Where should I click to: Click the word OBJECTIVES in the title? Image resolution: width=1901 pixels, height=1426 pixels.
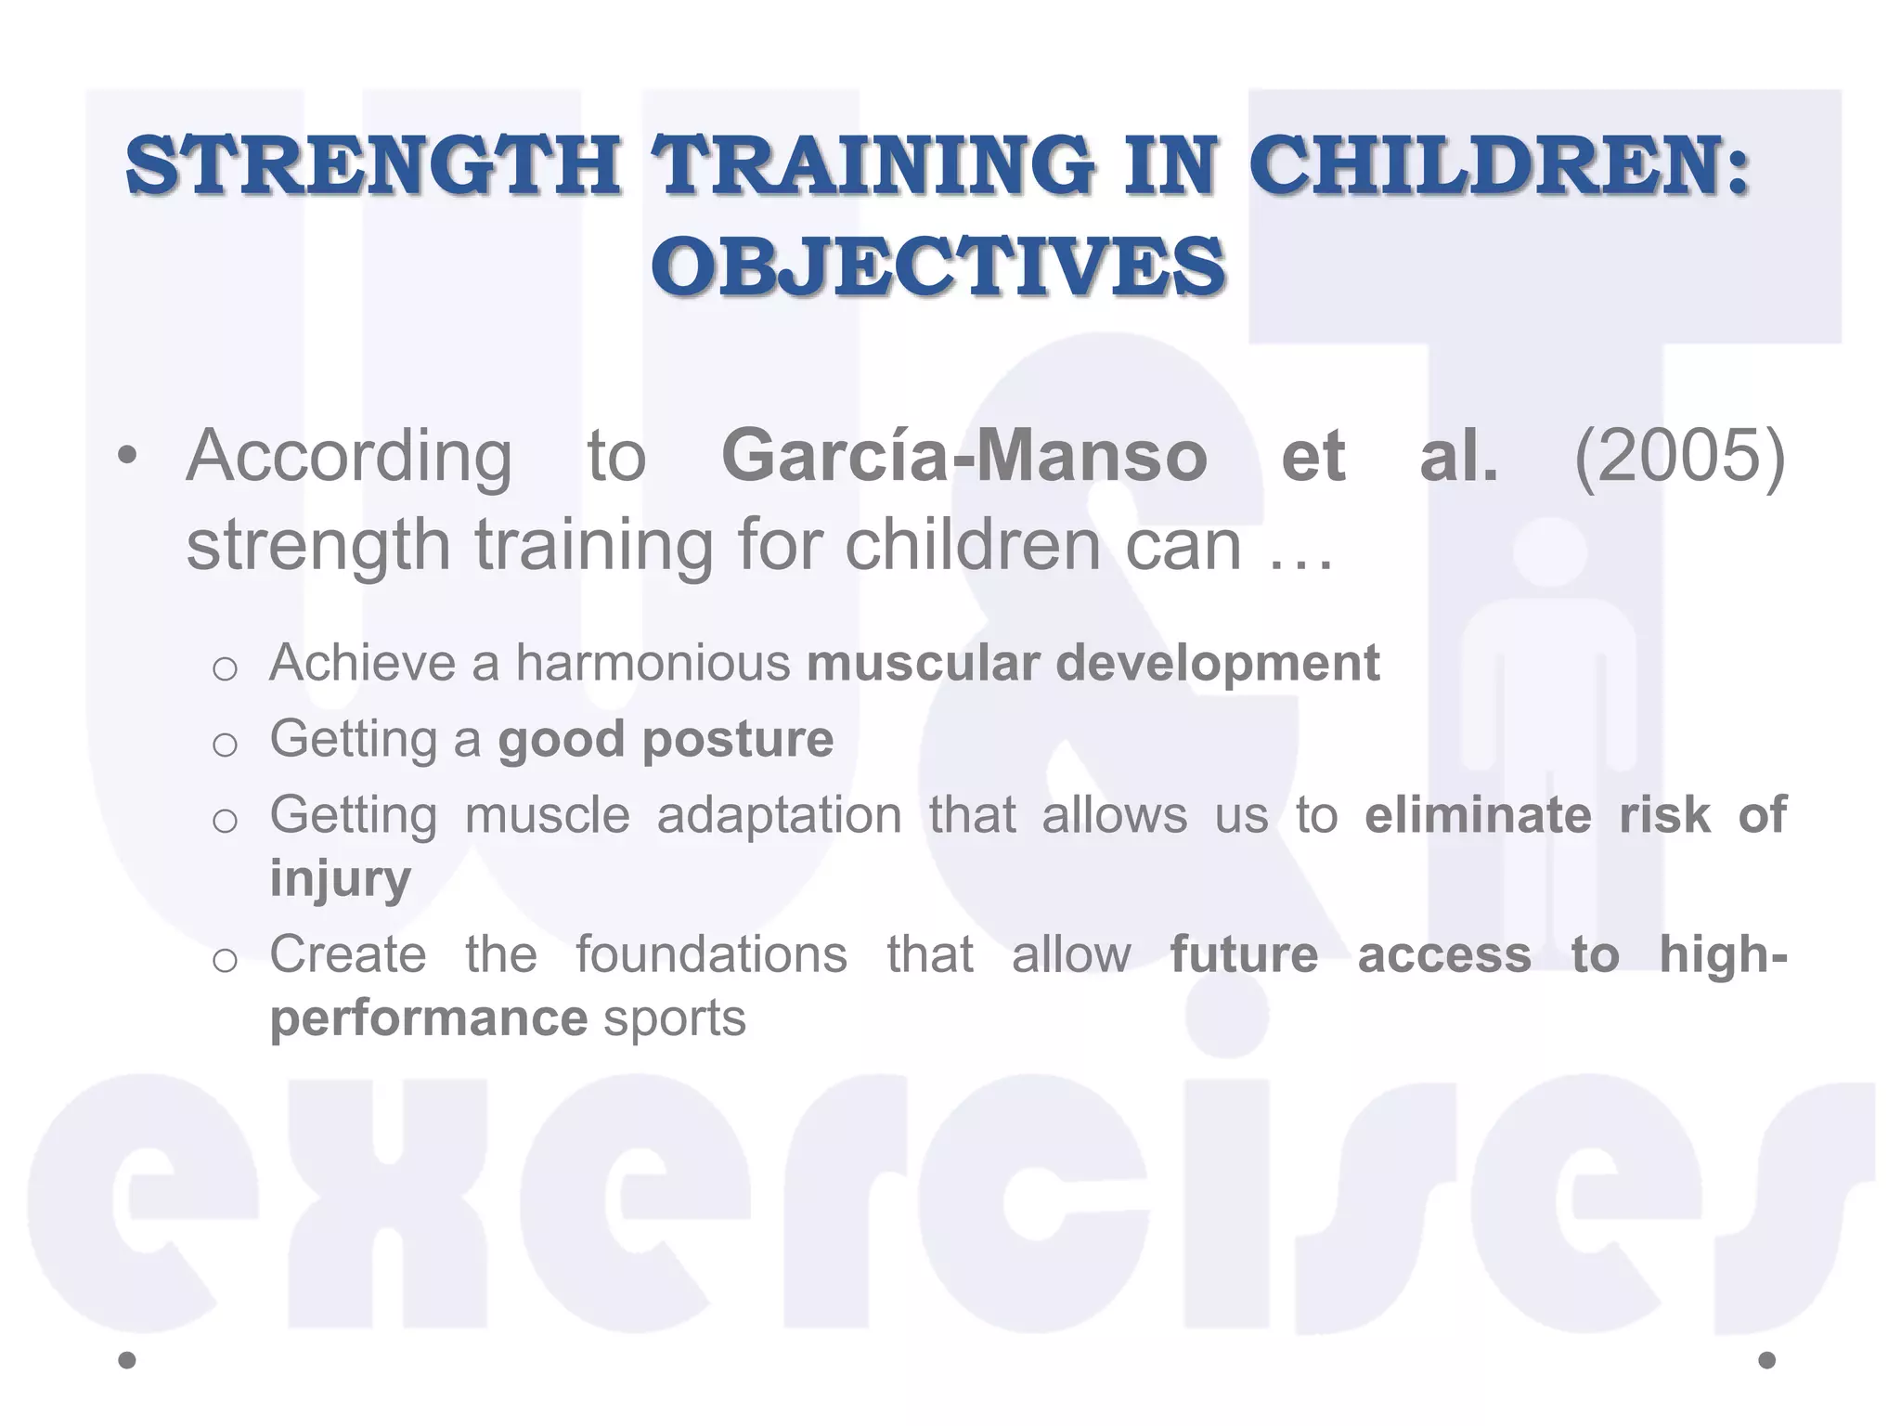(938, 266)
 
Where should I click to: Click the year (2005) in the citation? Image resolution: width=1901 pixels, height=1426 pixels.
(1680, 456)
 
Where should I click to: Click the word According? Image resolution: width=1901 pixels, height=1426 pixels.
(349, 458)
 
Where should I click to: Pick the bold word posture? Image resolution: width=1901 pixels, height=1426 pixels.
(737, 741)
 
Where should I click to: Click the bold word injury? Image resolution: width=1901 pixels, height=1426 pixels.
(340, 879)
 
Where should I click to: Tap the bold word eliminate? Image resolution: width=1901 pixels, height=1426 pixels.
(1478, 815)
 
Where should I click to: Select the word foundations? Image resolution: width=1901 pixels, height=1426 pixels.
(711, 954)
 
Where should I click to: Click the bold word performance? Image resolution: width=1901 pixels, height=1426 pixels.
(428, 1019)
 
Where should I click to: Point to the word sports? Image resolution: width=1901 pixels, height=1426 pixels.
(675, 1019)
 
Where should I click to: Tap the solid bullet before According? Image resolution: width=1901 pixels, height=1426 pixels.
(128, 457)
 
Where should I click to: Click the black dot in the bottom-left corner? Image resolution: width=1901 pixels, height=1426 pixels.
(128, 1360)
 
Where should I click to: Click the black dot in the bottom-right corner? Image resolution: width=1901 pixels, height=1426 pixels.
(1766, 1360)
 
